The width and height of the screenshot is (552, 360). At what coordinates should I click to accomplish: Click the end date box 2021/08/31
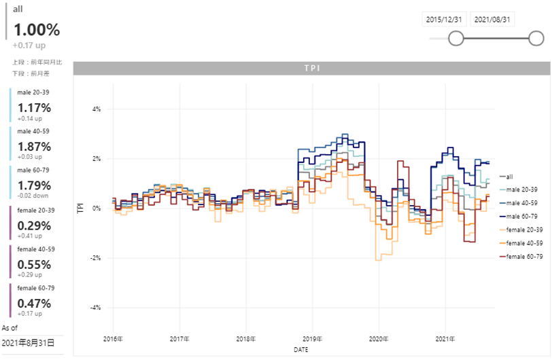pos(491,20)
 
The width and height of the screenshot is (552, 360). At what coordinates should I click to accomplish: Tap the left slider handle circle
pos(456,39)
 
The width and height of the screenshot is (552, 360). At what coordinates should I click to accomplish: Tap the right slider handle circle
pos(535,39)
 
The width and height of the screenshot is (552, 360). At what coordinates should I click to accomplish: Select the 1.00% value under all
pos(37,30)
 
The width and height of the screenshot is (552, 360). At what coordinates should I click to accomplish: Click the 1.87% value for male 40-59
pos(34,147)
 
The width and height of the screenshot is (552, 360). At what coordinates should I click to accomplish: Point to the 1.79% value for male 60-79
pos(34,186)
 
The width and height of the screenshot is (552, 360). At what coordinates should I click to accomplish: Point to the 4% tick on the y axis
pos(96,109)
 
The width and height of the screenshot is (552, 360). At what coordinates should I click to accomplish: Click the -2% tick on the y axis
pos(94,258)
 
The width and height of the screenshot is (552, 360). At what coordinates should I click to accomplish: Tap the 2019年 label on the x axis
pos(312,339)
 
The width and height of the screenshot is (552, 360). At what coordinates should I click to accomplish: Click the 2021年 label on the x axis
pos(445,339)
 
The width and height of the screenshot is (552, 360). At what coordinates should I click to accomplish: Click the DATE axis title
pos(300,350)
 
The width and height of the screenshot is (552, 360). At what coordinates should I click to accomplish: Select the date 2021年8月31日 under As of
pos(28,343)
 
